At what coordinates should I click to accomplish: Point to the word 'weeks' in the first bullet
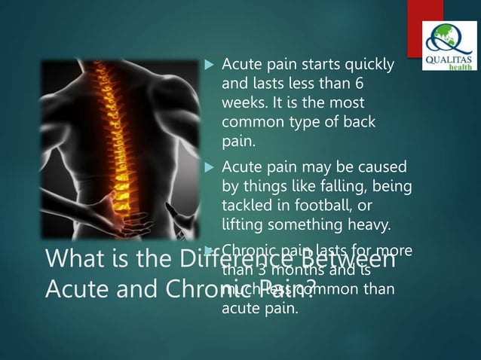(x=240, y=102)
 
